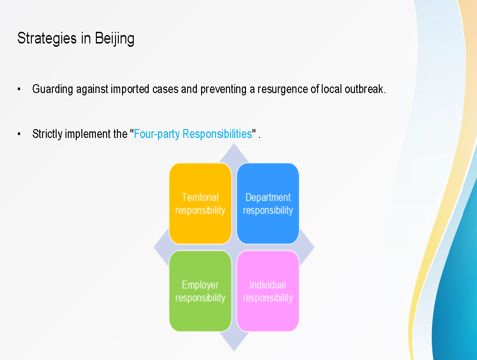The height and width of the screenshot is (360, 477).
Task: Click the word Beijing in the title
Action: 115,39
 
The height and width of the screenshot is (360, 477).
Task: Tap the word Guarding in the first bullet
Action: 53,89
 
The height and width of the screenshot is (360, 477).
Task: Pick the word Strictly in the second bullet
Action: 47,134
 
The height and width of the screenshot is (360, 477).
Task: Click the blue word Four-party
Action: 157,134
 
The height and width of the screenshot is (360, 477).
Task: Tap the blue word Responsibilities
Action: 217,134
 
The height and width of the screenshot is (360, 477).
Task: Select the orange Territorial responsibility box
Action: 200,203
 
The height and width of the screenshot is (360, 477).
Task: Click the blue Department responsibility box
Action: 267,203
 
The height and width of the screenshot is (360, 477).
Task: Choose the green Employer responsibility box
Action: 200,291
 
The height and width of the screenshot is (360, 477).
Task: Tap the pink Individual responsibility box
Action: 267,291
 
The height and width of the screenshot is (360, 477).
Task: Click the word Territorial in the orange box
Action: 200,197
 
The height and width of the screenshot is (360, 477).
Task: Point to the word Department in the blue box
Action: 268,198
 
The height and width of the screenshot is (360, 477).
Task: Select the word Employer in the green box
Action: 200,285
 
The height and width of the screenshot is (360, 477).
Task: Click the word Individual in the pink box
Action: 267,285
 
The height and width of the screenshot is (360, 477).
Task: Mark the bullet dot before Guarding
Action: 19,89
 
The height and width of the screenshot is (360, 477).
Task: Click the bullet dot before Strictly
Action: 19,134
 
